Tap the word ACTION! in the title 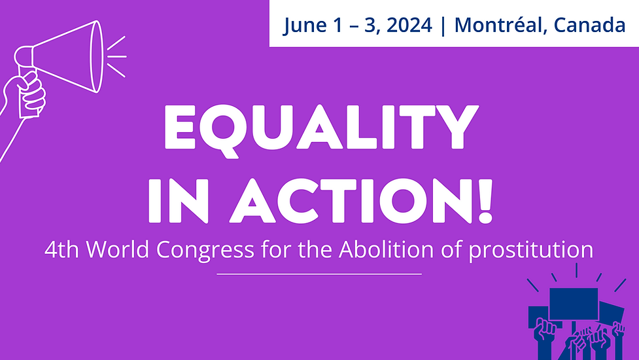[362, 201]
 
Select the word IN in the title [179, 201]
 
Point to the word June [305, 26]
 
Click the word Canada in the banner [589, 25]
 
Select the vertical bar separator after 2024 [443, 26]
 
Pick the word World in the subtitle [117, 249]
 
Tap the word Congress [205, 250]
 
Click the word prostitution [530, 250]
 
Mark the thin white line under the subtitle [319, 274]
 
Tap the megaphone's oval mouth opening [96, 56]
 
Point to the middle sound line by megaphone [117, 56]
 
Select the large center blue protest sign [574, 304]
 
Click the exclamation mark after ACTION [485, 201]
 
